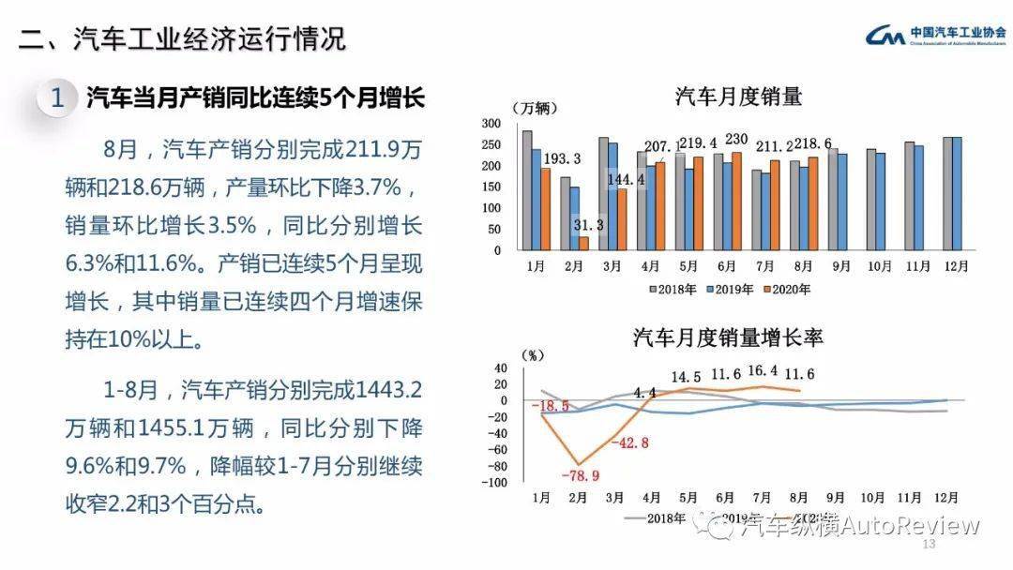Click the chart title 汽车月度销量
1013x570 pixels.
pyautogui.click(x=739, y=97)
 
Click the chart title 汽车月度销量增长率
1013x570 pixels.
pyautogui.click(x=728, y=337)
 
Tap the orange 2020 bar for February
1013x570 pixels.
pyautogui.click(x=583, y=244)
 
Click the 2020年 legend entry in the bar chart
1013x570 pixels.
pyautogui.click(x=786, y=289)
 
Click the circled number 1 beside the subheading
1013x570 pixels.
pyautogui.click(x=57, y=97)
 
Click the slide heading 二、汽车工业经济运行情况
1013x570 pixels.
pyautogui.click(x=183, y=39)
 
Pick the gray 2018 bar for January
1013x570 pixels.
pyautogui.click(x=527, y=191)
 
